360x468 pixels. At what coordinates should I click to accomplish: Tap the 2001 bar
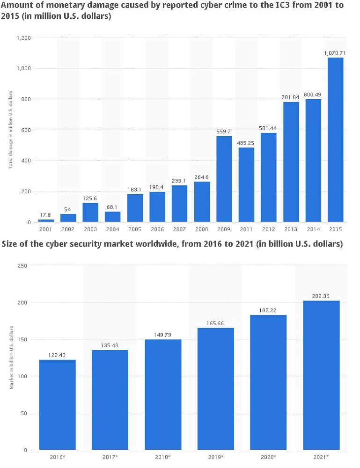(x=45, y=220)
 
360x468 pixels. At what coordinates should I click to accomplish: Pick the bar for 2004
(x=112, y=217)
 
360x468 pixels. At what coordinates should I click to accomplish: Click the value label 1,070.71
(x=335, y=53)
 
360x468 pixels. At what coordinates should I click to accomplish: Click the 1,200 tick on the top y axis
(x=23, y=37)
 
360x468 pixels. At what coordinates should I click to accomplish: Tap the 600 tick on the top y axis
(x=25, y=130)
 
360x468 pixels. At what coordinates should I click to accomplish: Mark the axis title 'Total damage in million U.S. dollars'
(x=10, y=129)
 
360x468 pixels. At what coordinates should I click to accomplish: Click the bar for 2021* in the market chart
(x=321, y=375)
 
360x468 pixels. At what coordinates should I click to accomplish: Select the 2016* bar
(x=57, y=404)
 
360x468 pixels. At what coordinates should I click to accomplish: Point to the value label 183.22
(x=268, y=310)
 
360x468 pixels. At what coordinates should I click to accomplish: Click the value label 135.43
(x=110, y=345)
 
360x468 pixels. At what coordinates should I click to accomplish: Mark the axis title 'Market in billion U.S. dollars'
(x=10, y=357)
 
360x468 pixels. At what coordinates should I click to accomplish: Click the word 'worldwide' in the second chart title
(x=137, y=244)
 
